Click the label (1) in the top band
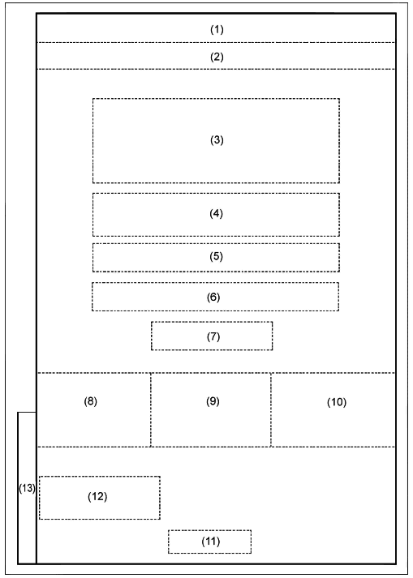[x=217, y=29]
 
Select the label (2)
[x=217, y=57]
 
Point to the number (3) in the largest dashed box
[x=217, y=140]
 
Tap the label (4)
[x=217, y=213]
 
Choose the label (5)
[x=217, y=256]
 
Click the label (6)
[x=213, y=298]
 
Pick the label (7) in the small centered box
[x=213, y=336]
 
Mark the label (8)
[x=90, y=401]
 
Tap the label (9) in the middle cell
[x=213, y=401]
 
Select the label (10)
[x=337, y=402]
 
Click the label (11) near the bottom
[x=211, y=542]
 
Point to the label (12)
[x=97, y=497]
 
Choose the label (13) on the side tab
[x=27, y=489]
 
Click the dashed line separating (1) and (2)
[x=217, y=42]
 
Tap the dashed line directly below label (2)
[x=217, y=69]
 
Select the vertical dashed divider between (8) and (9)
[x=151, y=410]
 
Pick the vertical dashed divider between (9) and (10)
[x=271, y=410]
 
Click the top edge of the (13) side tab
[x=27, y=413]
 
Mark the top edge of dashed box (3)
[x=217, y=98]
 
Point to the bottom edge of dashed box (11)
[x=209, y=553]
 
